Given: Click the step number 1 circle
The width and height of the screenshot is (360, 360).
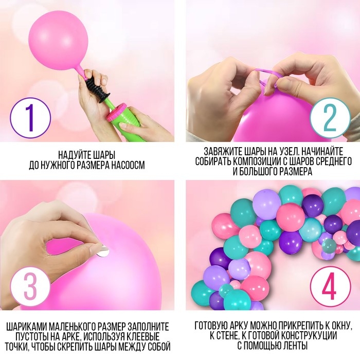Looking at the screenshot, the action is [30, 118].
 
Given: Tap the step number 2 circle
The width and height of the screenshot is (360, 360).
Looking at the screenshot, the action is [330, 118].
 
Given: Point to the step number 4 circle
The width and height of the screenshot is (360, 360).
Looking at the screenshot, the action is [330, 286].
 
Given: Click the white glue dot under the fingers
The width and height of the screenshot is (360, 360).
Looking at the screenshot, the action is [103, 251].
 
